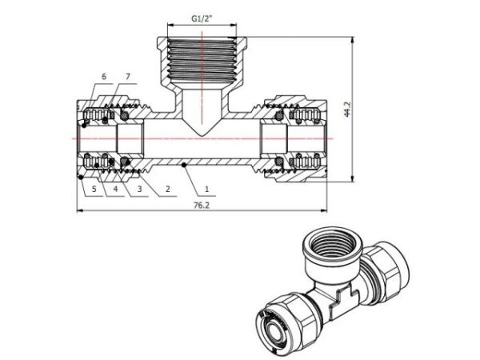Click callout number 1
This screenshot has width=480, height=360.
[206, 190]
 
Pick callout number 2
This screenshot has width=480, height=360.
[167, 190]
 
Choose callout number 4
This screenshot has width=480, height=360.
[115, 190]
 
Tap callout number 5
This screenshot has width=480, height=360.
[94, 190]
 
